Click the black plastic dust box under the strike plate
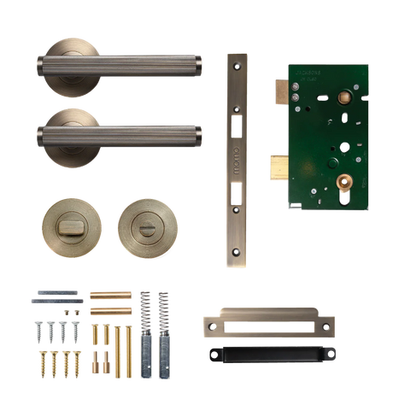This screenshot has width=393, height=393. click(268, 353)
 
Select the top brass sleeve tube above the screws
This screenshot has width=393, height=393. click(110, 294)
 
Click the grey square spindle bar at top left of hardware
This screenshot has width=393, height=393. click(56, 296)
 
